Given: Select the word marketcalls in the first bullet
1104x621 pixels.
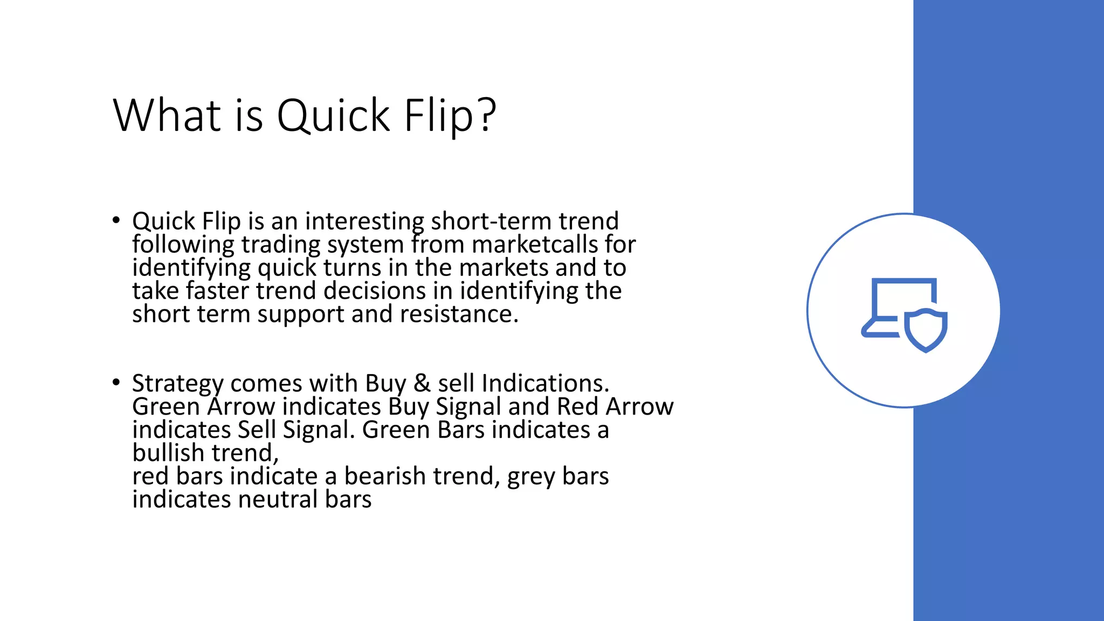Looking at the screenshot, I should pyautogui.click(x=534, y=245).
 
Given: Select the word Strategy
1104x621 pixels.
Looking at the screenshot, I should pyautogui.click(x=177, y=384).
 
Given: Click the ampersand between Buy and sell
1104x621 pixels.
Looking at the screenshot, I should pyautogui.click(x=422, y=384).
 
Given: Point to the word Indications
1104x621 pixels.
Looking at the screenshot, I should pyautogui.click(x=545, y=384).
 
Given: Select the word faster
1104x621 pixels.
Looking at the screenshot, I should pyautogui.click(x=218, y=291).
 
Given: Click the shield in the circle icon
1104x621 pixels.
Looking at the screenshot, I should pyautogui.click(x=926, y=330).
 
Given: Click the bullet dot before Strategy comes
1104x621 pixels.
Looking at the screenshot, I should pyautogui.click(x=116, y=382).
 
